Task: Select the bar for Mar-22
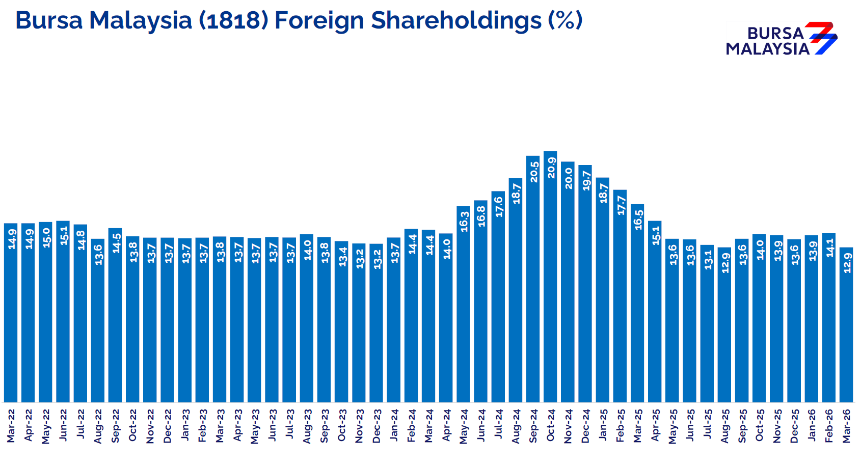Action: pyautogui.click(x=11, y=316)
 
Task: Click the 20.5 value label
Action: pyautogui.click(x=533, y=172)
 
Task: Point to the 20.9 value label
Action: pyautogui.click(x=551, y=168)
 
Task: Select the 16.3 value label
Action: pyautogui.click(x=464, y=222)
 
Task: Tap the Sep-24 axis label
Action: pyautogui.click(x=533, y=425)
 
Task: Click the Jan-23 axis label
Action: pyautogui.click(x=185, y=425)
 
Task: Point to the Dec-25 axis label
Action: pyautogui.click(x=794, y=425)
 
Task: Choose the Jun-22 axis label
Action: pyautogui.click(x=63, y=425)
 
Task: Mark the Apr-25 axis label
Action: pyautogui.click(x=655, y=425)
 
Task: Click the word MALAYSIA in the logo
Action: pyautogui.click(x=767, y=49)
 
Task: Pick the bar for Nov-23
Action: pyautogui.click(x=359, y=326)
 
